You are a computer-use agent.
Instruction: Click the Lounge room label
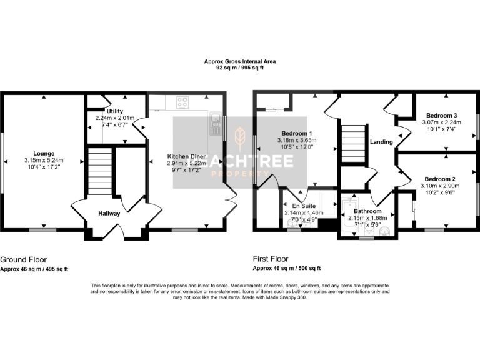[x=44, y=153]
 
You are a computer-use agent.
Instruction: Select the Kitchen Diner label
[x=186, y=156]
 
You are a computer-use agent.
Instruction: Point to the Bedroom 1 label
[x=297, y=134]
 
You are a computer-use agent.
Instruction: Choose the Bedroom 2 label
[x=441, y=179]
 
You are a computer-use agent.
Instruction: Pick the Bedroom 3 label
[x=441, y=116]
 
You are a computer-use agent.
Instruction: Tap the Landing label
[x=381, y=142]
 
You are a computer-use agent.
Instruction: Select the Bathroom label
[x=367, y=211]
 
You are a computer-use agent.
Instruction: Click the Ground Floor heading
[x=23, y=259]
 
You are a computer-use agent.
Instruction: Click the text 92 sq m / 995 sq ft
[x=240, y=67]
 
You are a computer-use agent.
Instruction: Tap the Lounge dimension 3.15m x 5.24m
[x=44, y=160]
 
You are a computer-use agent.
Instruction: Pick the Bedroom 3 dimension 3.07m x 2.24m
[x=441, y=122]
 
